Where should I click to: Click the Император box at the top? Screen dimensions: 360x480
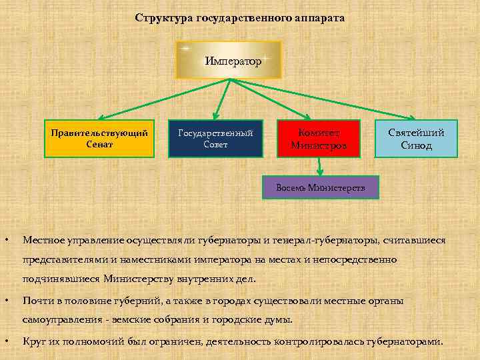[229, 60]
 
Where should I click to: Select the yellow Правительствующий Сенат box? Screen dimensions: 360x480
[99, 138]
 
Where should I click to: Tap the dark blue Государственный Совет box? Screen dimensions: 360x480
[215, 138]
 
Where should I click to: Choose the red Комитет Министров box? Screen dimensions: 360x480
[319, 139]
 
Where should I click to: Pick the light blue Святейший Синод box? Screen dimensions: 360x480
[416, 139]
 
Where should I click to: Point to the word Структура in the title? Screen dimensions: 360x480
[164, 18]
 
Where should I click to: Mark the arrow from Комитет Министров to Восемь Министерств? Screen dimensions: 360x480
[321, 167]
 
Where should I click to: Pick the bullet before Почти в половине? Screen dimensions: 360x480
[7, 301]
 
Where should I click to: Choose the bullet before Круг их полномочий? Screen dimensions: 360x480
[7, 341]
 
